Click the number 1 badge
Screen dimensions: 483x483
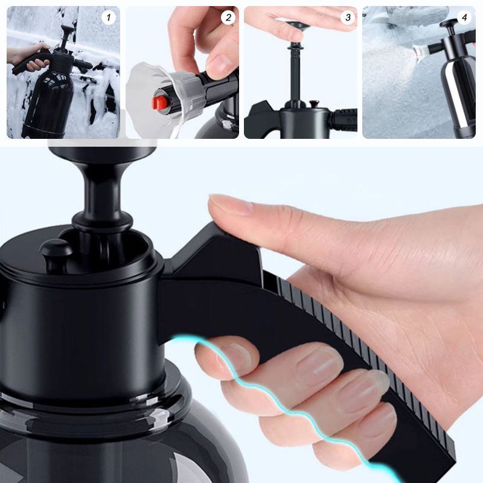(109, 18)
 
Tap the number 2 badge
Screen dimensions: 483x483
(228, 18)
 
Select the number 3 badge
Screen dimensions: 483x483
(347, 18)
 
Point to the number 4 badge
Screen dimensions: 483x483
(464, 18)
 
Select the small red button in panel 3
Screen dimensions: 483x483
(315, 104)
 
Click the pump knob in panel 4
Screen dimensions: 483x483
(449, 24)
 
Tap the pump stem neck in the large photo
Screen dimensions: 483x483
(102, 193)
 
